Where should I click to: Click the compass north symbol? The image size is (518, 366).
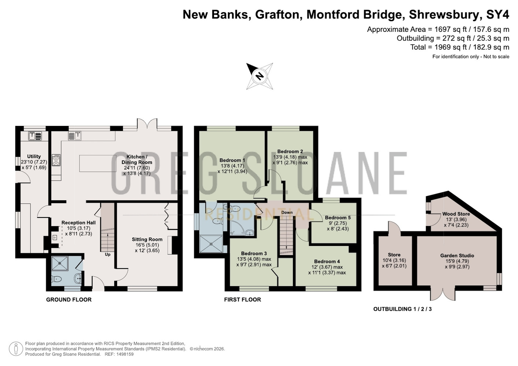pos(259,76)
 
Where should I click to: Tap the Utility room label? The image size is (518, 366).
pos(34,156)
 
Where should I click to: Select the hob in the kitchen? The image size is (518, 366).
pos(56,160)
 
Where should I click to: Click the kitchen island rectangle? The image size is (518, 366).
pos(98,164)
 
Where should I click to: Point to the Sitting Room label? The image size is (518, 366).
pos(147,239)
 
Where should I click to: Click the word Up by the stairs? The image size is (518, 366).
pos(108,254)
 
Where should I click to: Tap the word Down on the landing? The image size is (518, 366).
pos(287,212)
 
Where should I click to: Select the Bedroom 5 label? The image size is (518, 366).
pos(338,218)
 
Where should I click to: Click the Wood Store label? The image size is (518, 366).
pos(456,214)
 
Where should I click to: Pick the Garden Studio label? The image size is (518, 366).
pos(457,255)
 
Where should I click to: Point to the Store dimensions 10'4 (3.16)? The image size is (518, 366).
pos(394,260)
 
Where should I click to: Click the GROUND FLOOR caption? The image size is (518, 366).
pos(69,300)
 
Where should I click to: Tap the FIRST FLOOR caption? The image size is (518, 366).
pos(243,300)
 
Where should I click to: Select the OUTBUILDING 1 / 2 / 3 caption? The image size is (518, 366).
pos(403,309)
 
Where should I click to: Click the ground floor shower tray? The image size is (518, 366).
pos(60,263)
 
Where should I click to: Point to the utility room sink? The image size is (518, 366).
pos(35,136)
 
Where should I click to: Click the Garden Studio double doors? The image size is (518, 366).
pos(443,294)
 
